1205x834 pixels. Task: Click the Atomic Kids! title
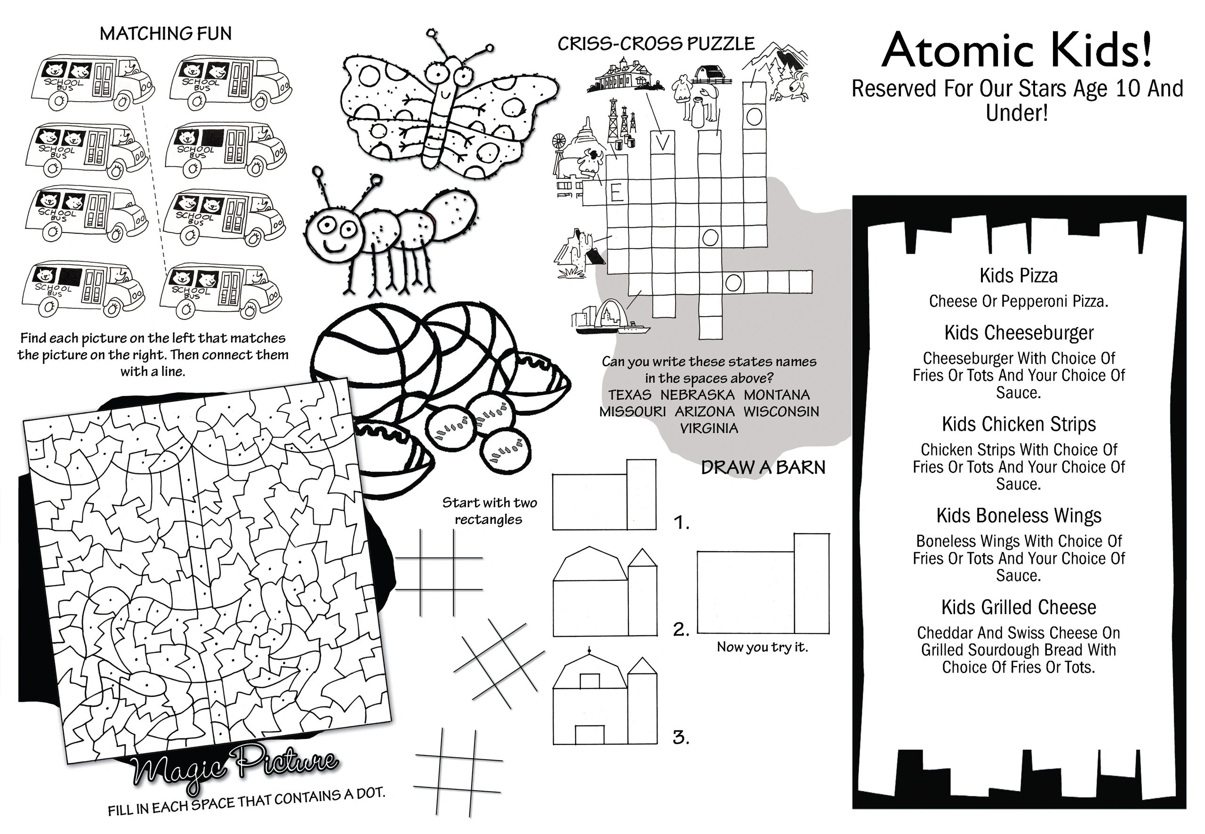(1016, 51)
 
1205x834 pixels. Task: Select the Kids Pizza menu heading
(1018, 275)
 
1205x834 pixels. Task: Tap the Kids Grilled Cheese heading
(1018, 607)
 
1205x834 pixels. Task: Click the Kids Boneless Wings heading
(1018, 516)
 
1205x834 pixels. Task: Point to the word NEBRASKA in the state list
(697, 395)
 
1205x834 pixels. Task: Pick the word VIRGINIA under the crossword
(708, 428)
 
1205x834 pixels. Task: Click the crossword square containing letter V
(662, 142)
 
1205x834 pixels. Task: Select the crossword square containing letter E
(617, 194)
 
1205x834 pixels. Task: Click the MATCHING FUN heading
(166, 34)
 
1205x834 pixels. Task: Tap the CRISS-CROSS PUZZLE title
(656, 44)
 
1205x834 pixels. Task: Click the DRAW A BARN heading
(763, 468)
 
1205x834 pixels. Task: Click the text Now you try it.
(762, 648)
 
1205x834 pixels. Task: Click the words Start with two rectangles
(489, 511)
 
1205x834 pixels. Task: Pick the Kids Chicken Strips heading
(1018, 425)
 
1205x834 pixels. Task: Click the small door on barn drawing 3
(589, 735)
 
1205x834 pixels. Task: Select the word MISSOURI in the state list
(632, 412)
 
